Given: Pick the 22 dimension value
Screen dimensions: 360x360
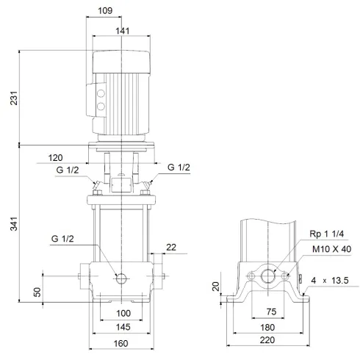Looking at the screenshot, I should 170,247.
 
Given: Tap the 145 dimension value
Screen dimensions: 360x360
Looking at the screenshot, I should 123,327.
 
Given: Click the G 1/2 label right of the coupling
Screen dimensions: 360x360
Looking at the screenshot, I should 179,168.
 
